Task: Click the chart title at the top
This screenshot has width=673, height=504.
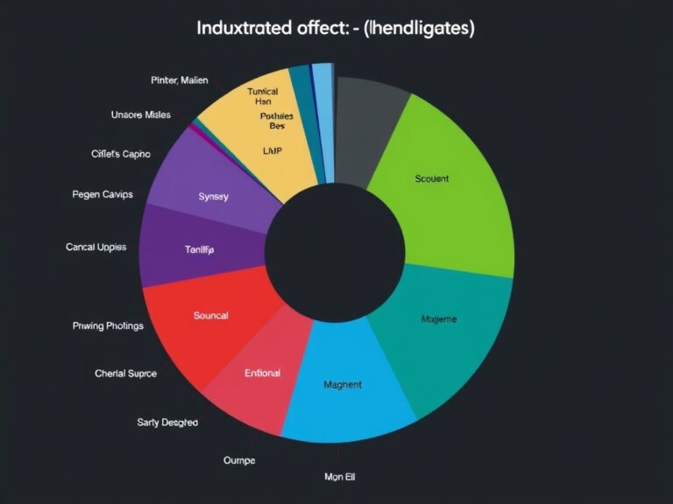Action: point(336,28)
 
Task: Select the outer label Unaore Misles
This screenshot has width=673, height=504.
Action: point(141,115)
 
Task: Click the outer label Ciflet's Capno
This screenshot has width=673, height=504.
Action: point(121,153)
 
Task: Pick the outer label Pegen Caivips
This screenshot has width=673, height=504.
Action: point(103,194)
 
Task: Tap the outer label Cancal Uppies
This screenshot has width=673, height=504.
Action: point(96,247)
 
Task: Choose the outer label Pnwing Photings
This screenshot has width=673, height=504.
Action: point(108,325)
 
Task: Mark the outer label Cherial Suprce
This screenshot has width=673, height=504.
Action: point(125,374)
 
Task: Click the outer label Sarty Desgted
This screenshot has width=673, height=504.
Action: point(167,423)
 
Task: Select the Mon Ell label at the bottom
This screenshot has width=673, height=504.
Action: point(339,477)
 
